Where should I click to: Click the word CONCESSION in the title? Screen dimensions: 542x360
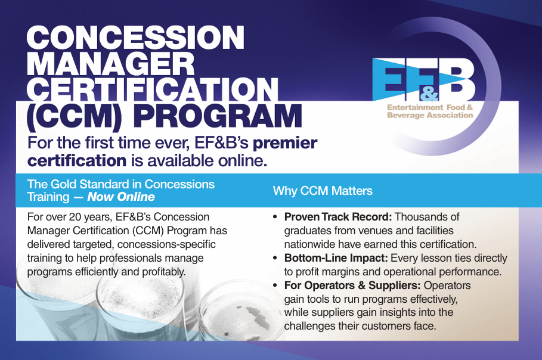pyautogui.click(x=135, y=38)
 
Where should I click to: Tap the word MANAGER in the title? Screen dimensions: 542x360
pyautogui.click(x=111, y=64)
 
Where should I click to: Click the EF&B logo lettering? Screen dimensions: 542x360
pyautogui.click(x=423, y=80)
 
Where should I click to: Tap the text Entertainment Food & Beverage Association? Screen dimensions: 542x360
pyautogui.click(x=430, y=111)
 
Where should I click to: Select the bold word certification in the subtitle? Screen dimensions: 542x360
pyautogui.click(x=77, y=161)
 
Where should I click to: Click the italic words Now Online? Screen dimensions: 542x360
pyautogui.click(x=121, y=197)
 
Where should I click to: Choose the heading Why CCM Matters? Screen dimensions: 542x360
pyautogui.click(x=323, y=191)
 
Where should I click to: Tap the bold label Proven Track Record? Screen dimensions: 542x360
pyautogui.click(x=338, y=217)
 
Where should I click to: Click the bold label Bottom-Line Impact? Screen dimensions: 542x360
pyautogui.click(x=336, y=258)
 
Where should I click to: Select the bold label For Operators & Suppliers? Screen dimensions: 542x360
pyautogui.click(x=352, y=285)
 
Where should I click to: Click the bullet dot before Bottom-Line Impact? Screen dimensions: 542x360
pyautogui.click(x=275, y=258)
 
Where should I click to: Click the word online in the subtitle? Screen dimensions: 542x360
pyautogui.click(x=242, y=161)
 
